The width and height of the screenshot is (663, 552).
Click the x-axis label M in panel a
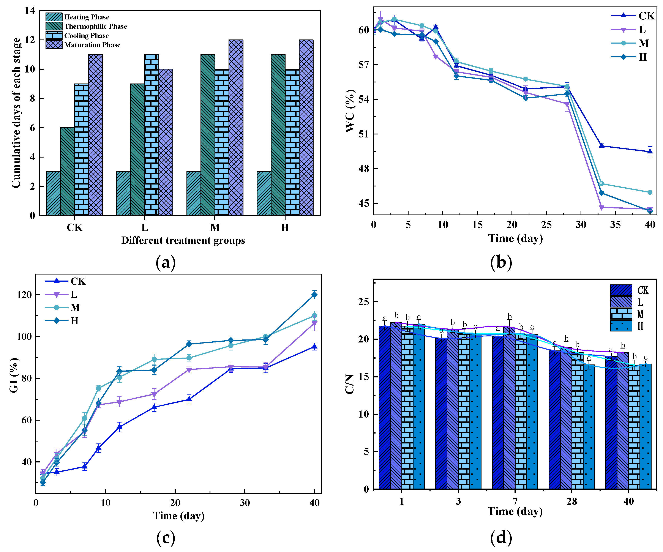[x=215, y=227]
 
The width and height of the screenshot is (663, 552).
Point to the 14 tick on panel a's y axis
[x=30, y=11]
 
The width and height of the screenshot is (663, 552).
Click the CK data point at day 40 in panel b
[x=650, y=151]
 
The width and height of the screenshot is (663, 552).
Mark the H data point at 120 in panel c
[x=314, y=295]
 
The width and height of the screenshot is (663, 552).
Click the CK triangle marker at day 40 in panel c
[x=314, y=347]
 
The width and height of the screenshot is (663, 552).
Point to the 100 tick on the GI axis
[x=24, y=336]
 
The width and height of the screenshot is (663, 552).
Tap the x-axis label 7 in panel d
[x=515, y=501]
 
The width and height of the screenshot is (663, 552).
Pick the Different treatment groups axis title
[x=183, y=240]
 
